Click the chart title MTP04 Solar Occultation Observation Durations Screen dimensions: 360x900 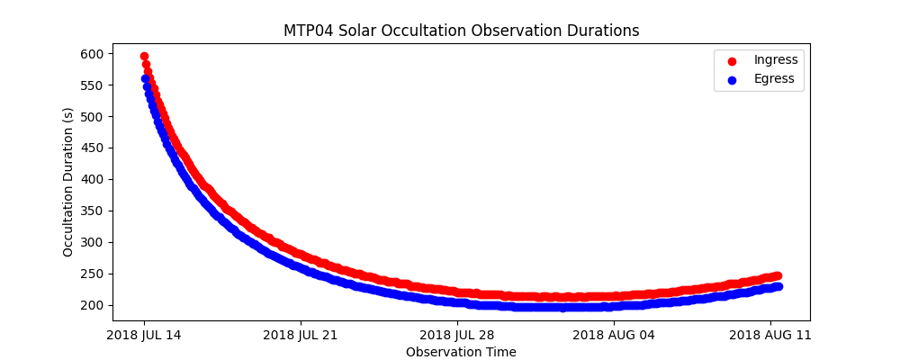[x=461, y=31]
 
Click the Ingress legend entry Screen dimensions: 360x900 [x=775, y=60]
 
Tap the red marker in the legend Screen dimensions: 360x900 [x=731, y=60]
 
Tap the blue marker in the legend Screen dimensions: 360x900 [x=731, y=79]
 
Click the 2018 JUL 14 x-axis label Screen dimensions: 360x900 [x=144, y=336]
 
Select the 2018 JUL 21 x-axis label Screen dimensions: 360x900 [x=301, y=336]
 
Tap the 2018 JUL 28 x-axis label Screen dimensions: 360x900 [x=457, y=336]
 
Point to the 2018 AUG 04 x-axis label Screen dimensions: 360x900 [x=614, y=336]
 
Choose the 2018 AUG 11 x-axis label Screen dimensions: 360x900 [x=770, y=336]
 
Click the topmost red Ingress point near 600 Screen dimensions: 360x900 [x=144, y=56]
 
